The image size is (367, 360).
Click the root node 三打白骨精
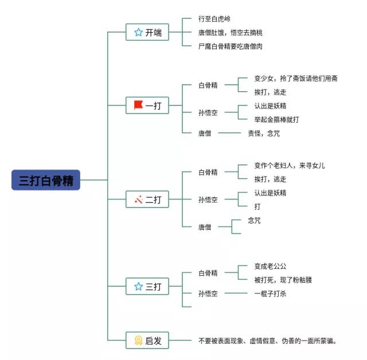[46, 179]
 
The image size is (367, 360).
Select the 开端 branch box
[147, 33]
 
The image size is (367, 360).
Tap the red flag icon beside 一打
[138, 105]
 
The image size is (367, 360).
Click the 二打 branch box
[147, 199]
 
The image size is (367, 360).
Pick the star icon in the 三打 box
[138, 286]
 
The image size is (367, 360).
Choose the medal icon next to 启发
[138, 341]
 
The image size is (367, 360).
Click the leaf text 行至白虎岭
[214, 19]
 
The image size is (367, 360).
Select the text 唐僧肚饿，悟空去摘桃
[230, 33]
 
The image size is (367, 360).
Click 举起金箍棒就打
[276, 119]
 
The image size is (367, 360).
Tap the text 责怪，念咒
[264, 133]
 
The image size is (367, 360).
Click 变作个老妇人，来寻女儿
[290, 166]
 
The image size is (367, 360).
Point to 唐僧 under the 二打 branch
[205, 227]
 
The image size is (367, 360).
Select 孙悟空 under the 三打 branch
[208, 294]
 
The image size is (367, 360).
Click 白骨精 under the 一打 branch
[208, 85]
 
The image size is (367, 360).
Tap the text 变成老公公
[270, 266]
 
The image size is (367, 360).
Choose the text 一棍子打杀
[270, 294]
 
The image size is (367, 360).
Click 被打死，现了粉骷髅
[283, 280]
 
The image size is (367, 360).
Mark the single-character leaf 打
[257, 206]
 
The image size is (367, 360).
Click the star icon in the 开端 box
[138, 33]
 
